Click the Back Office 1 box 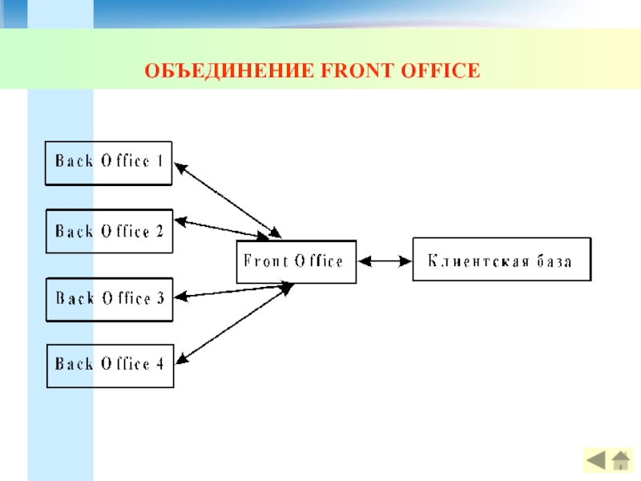click(x=108, y=164)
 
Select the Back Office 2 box click(x=109, y=231)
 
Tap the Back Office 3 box click(x=109, y=299)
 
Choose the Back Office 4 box click(x=110, y=366)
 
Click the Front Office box click(x=296, y=262)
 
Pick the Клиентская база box click(x=502, y=259)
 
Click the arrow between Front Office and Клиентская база click(x=385, y=261)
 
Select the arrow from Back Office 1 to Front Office click(x=228, y=200)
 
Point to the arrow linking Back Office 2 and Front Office click(x=222, y=229)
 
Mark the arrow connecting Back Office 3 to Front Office click(x=234, y=291)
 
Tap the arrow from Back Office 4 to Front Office click(x=235, y=323)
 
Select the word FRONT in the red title click(x=357, y=71)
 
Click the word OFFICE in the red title click(x=440, y=71)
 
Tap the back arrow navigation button click(x=595, y=460)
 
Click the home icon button click(x=620, y=460)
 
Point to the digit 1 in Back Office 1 click(x=159, y=161)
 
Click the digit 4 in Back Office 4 click(x=159, y=364)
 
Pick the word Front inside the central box click(x=266, y=261)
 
